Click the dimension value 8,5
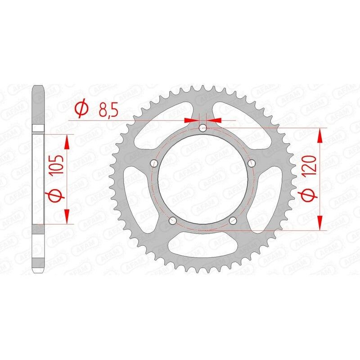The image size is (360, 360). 108,109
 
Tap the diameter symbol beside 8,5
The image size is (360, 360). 81,109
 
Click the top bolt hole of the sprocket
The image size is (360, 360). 202,128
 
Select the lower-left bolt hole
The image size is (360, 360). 172,220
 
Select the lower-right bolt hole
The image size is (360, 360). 233,220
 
